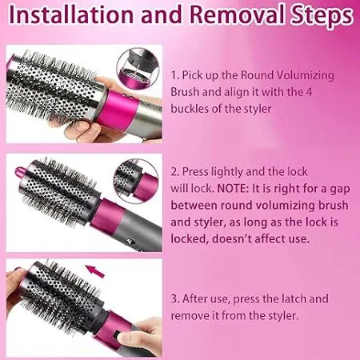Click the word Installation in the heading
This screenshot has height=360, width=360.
click(x=70, y=14)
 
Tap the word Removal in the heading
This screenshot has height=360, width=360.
click(x=237, y=14)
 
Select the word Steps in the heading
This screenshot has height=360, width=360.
click(x=322, y=16)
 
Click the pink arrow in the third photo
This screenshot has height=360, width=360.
click(x=95, y=271)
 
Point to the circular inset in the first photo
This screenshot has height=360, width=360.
click(x=138, y=68)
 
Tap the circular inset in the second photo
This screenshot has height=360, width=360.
click(x=136, y=181)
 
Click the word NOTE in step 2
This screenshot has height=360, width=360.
click(x=233, y=189)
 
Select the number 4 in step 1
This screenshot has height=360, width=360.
click(x=309, y=92)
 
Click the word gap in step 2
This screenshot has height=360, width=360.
click(x=340, y=190)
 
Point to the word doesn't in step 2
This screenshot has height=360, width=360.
click(x=231, y=238)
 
